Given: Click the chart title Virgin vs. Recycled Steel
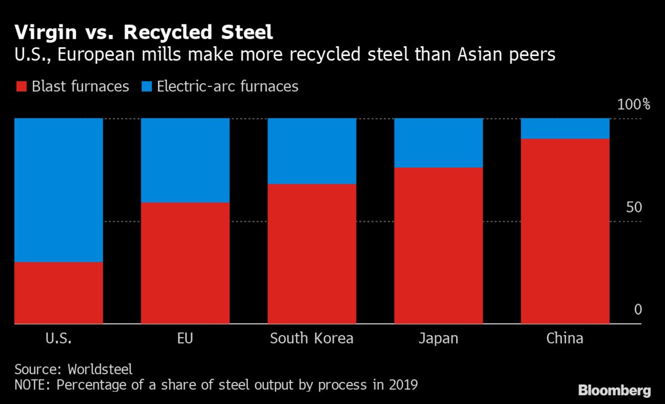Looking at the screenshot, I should click(x=144, y=33).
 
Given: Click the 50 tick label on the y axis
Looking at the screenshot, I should click(x=633, y=207).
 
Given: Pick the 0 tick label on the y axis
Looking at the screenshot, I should click(x=637, y=309).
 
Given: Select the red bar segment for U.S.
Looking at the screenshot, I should click(x=58, y=292).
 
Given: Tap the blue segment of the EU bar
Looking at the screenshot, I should click(x=185, y=160).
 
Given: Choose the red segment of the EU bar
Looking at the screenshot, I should click(x=185, y=263).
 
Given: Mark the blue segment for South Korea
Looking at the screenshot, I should click(x=311, y=151).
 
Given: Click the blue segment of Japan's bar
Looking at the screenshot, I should click(x=438, y=143).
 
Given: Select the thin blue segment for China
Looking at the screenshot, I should click(x=565, y=128).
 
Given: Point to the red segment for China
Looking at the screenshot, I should click(x=565, y=231).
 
